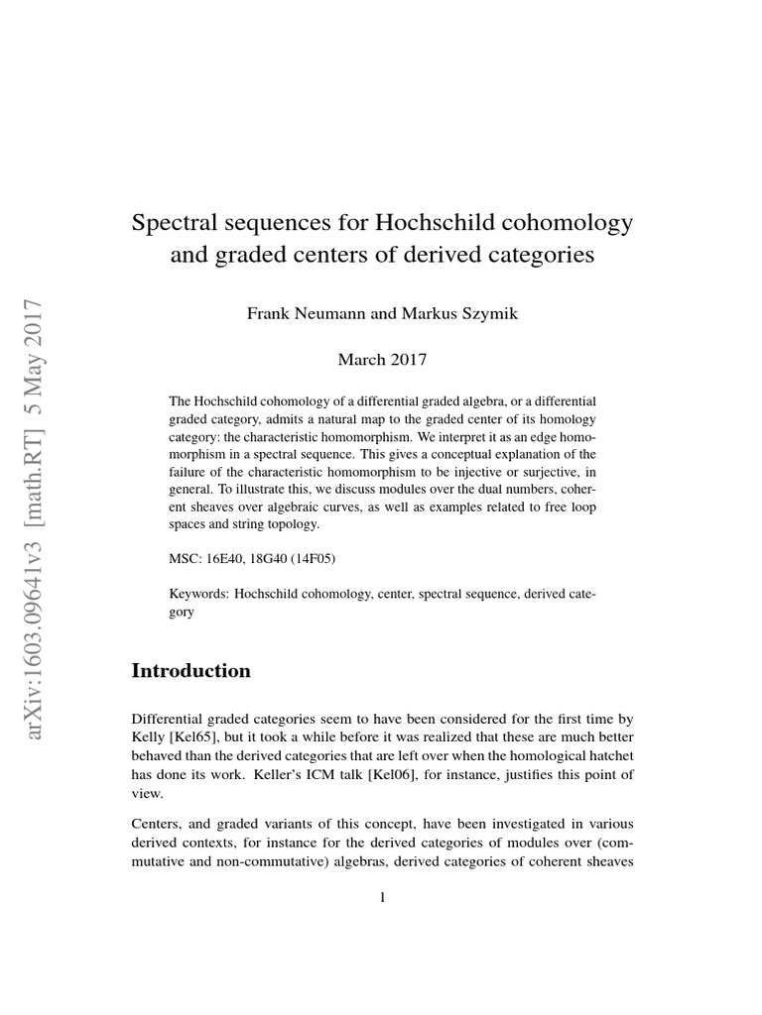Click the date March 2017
point(382,359)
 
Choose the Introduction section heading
point(191,670)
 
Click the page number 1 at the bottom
point(382,898)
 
